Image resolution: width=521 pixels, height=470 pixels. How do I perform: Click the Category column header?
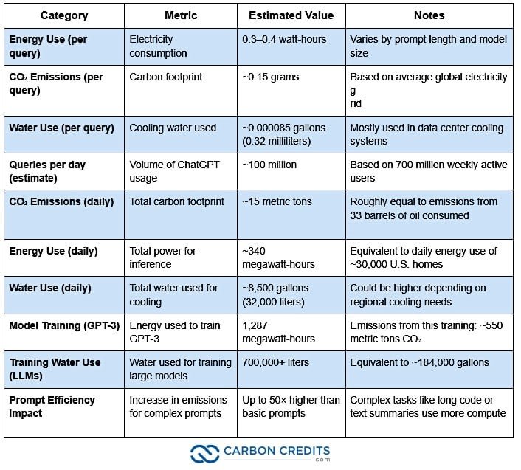(63, 15)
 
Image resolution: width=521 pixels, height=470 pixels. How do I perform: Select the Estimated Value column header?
(291, 15)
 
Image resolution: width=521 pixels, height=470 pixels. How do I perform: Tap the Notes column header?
(430, 15)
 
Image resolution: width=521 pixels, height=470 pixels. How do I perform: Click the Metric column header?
(180, 15)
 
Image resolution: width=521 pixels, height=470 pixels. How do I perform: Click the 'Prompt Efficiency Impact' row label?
(52, 406)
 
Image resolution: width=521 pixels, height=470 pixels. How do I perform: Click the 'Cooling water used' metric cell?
(173, 128)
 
